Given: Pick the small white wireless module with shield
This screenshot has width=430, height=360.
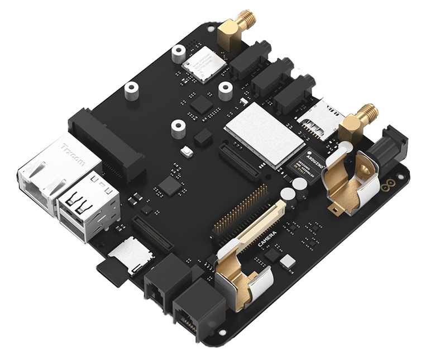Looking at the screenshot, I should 204,63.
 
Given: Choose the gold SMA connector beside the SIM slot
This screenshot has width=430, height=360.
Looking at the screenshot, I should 357,120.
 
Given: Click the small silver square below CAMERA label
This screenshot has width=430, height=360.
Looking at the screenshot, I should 288,260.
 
